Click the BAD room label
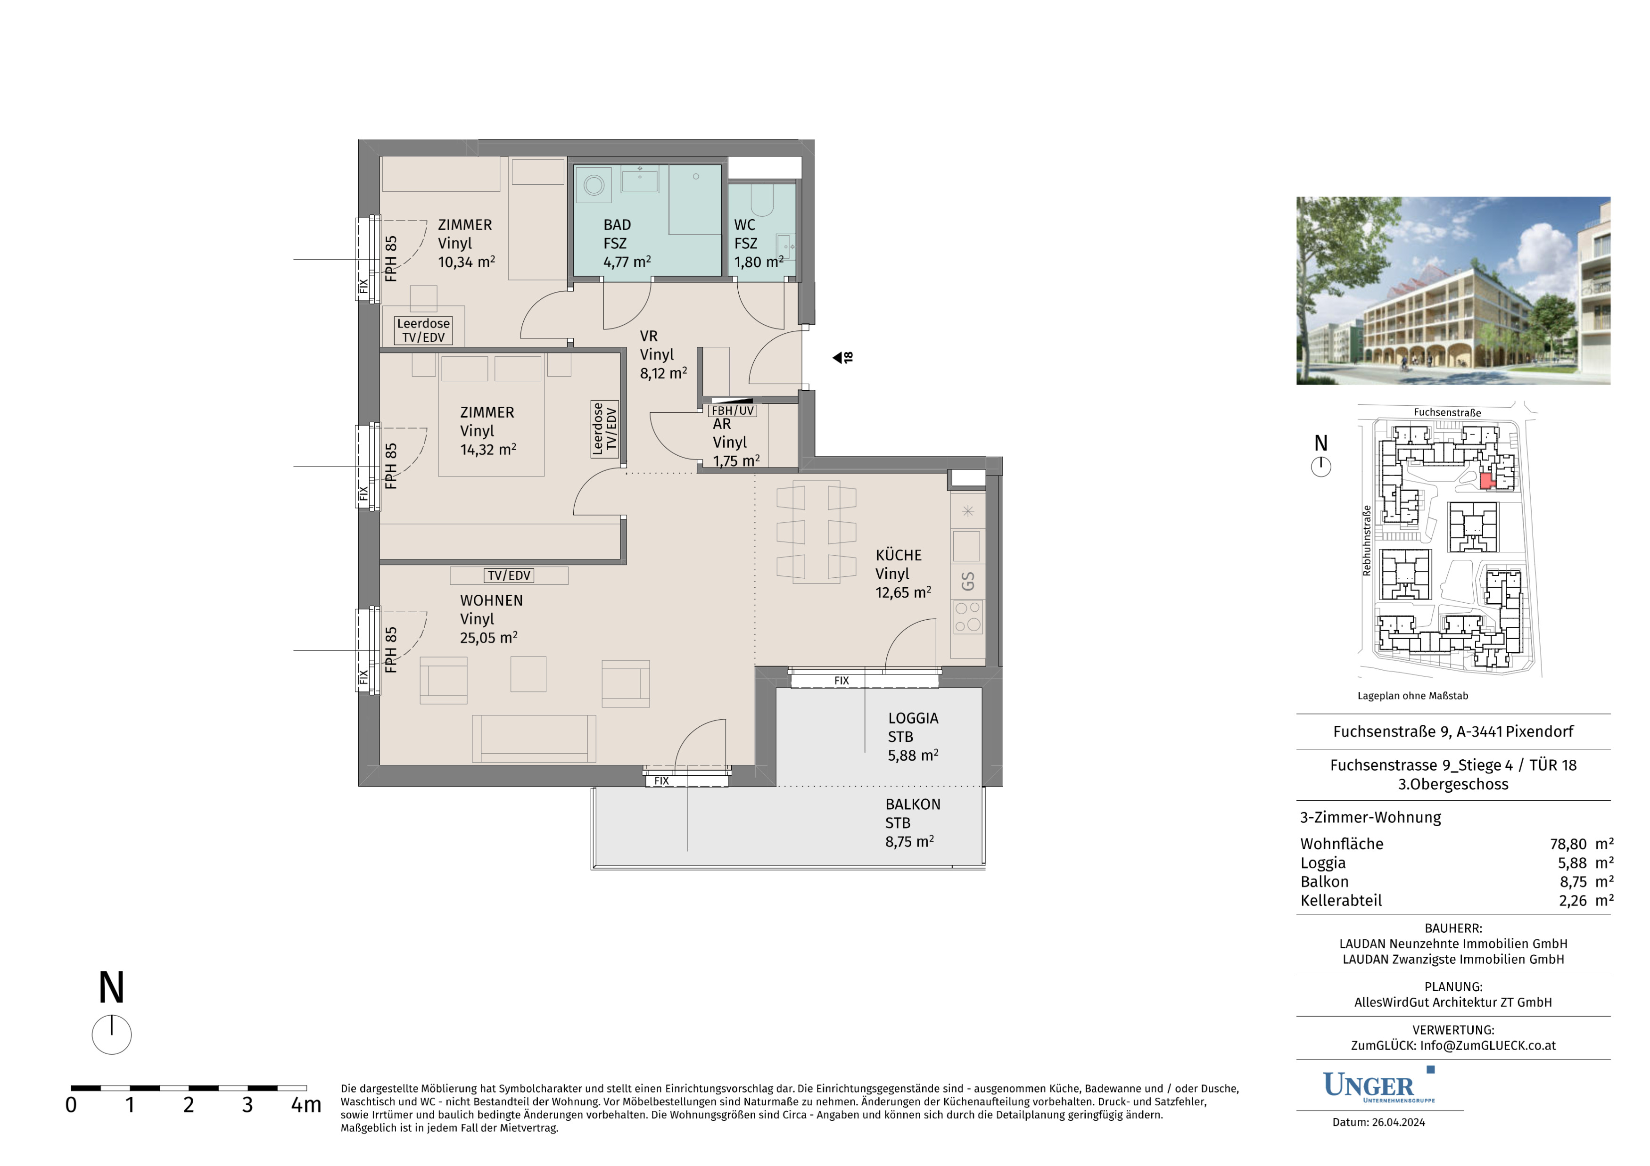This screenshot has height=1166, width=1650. (617, 225)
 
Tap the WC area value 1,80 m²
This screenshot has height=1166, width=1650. (758, 262)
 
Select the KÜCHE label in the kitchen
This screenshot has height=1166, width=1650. (898, 555)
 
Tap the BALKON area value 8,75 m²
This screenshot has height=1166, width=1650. (910, 841)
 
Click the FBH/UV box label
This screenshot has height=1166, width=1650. (732, 410)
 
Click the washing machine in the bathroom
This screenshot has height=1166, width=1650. (594, 185)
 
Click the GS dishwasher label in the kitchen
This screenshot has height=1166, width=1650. (968, 581)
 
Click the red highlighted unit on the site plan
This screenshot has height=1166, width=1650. (1487, 481)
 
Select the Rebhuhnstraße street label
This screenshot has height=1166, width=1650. (1367, 540)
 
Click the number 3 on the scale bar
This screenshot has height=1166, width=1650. (247, 1105)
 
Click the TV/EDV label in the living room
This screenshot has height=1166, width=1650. (509, 575)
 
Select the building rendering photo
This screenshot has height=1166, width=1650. (1453, 291)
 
